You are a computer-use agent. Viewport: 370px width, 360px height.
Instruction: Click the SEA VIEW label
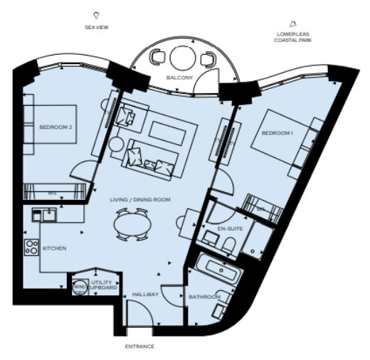tap(97, 27)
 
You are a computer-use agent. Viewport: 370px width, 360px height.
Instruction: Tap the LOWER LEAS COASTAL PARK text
tap(292, 37)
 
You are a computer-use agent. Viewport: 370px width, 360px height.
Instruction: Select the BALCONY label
tap(180, 77)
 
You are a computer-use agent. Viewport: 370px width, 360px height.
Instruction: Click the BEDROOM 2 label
tap(56, 127)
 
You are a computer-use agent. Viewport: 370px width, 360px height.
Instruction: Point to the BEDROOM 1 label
tap(278, 133)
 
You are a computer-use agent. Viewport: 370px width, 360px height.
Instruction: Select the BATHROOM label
tap(205, 296)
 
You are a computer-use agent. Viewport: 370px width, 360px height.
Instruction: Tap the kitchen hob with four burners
tap(31, 247)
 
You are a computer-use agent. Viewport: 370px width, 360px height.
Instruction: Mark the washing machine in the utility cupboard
tap(80, 287)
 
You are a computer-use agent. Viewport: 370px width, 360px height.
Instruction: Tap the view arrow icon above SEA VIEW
tap(97, 14)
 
